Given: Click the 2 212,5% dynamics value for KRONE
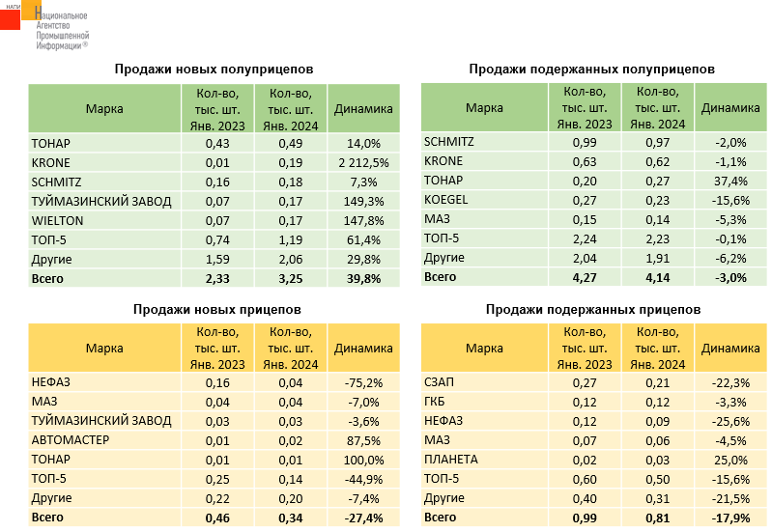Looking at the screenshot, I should click(363, 162).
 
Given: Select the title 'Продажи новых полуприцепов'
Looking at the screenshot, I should click(214, 70).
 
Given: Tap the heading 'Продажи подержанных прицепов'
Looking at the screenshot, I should click(592, 309).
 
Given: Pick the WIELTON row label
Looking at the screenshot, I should click(58, 220).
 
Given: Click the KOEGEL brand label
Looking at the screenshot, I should click(445, 200).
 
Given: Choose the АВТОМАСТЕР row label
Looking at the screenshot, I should click(71, 440).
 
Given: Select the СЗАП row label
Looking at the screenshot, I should click(442, 382).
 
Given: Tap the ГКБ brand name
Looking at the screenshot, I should click(437, 402).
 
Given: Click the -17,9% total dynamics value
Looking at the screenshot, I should click(729, 518).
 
